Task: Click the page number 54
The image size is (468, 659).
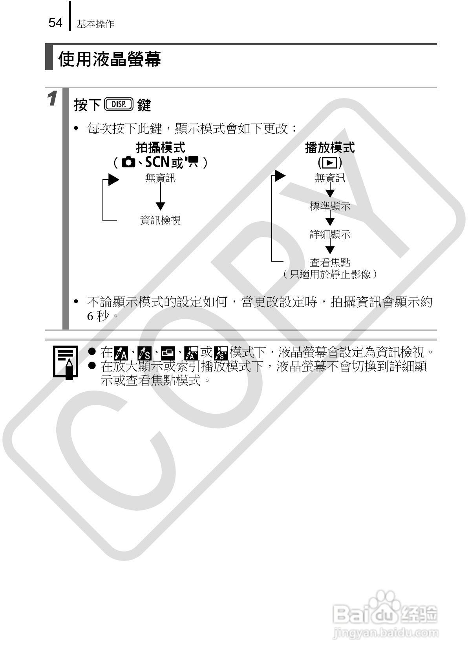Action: coord(55,23)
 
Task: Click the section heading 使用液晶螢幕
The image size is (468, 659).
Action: coord(110,60)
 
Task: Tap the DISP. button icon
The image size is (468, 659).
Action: coord(119,104)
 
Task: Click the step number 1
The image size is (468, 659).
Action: coord(53,98)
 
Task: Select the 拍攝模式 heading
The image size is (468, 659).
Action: coord(160,148)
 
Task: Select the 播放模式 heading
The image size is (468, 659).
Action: coord(330,148)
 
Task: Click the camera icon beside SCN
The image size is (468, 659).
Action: coord(128,162)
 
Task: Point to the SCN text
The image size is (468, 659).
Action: coord(157,162)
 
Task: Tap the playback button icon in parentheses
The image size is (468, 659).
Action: coord(330,162)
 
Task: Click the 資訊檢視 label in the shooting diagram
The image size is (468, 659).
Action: coord(160,220)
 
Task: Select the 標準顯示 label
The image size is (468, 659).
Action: coord(330,206)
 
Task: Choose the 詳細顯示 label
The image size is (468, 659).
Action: coord(330,235)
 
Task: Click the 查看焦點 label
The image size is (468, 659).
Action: coord(330,262)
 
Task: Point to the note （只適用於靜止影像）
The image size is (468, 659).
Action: coord(330,274)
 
